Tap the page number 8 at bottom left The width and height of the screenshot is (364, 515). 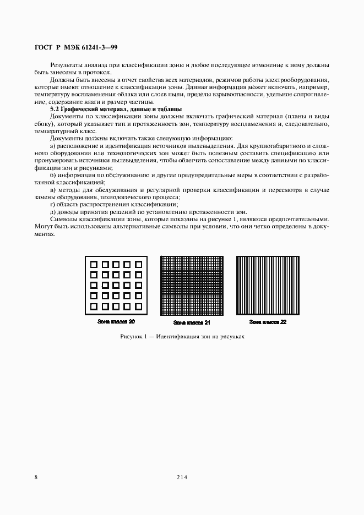36,478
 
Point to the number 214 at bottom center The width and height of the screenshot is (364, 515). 182,478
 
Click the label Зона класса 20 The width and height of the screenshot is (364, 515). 116,321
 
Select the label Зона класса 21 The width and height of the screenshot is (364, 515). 192,322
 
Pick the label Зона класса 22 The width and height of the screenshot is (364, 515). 268,321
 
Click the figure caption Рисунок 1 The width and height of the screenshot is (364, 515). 182,336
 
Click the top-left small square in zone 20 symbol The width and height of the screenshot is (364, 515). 94,264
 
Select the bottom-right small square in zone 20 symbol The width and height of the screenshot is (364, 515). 139,306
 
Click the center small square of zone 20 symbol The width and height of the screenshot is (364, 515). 116,285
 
